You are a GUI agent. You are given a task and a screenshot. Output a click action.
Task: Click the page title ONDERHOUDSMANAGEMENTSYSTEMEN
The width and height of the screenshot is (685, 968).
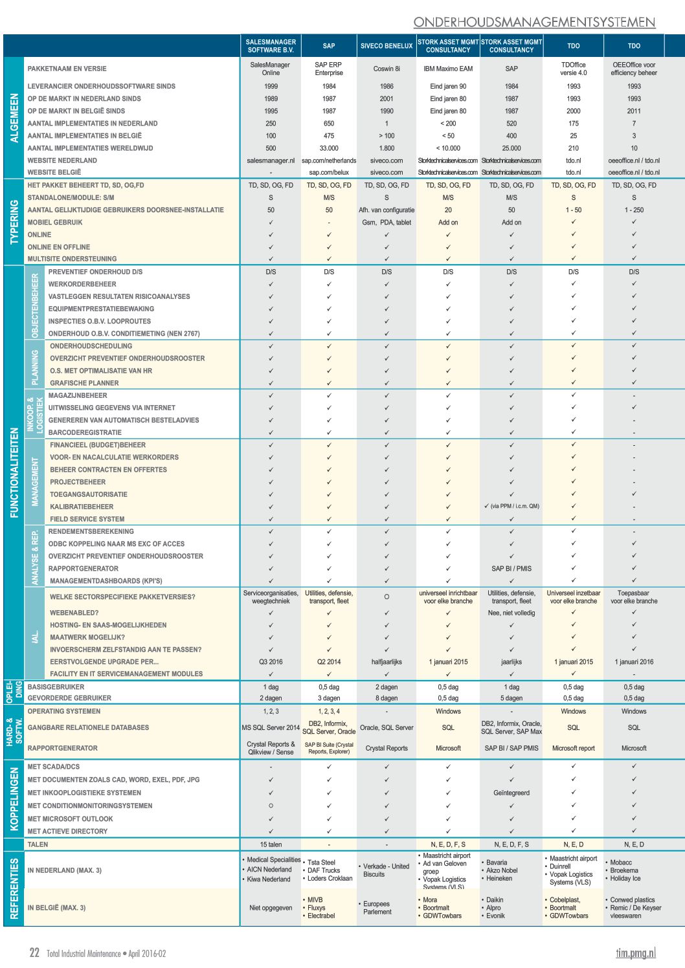534,22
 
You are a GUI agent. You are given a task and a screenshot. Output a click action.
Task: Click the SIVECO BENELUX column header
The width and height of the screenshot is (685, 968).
387,46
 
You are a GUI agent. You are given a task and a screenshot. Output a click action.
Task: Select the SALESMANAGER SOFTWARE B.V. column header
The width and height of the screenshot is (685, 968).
271,46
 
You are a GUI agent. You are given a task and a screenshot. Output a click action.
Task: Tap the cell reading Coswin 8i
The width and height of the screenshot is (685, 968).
387,69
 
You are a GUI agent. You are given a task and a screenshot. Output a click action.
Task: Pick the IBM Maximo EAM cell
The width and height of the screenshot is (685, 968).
448,69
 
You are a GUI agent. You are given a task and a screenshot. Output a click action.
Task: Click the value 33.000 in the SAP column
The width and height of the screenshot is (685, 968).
329,148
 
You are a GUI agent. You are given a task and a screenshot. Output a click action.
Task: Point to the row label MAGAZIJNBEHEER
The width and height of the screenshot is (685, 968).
78,395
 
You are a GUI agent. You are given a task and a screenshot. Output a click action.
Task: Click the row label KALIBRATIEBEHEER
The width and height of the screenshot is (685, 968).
82,507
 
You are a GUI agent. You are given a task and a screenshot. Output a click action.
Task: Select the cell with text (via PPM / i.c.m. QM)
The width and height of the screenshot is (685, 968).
511,506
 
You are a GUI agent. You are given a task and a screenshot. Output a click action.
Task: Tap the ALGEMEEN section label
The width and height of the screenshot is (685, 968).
14,118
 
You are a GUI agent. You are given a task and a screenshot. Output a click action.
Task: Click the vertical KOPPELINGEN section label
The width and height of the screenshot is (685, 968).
14,798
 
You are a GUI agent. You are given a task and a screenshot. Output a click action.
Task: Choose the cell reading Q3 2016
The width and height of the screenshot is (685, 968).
271,662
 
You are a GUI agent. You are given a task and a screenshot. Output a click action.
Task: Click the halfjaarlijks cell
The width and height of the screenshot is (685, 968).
387,662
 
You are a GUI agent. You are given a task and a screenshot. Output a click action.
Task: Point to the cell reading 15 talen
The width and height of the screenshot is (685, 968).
271,844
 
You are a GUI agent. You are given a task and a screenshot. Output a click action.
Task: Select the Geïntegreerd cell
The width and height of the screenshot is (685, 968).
511,793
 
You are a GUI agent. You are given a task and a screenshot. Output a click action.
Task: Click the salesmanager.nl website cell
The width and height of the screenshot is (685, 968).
271,160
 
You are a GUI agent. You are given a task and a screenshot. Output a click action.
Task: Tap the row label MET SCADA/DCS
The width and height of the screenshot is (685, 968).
54,767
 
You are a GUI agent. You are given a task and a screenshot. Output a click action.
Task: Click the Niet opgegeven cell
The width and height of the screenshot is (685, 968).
271,908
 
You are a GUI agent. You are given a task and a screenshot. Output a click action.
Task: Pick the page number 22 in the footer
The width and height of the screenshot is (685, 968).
34,952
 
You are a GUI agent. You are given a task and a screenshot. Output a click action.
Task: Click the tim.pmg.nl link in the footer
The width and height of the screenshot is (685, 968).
636,952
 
